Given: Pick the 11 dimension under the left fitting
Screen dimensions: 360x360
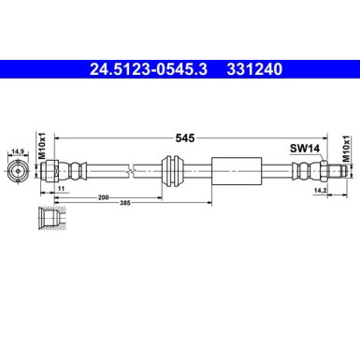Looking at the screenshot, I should click(62, 190).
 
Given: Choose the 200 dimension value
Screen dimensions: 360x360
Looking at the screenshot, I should click(101, 198).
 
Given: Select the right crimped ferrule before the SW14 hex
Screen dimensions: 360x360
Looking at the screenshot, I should click(299, 170).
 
